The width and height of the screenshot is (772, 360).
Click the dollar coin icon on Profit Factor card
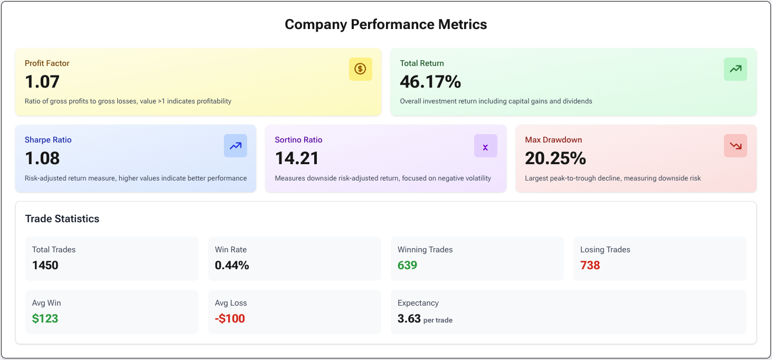point(360,69)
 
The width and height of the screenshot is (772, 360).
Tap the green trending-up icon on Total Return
point(735,69)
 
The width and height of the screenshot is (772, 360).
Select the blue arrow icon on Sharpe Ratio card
point(236,146)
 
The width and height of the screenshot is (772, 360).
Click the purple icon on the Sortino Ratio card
point(485,146)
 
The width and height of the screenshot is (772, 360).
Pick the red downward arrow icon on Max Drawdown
point(735,146)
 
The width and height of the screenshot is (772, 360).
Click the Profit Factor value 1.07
point(42,82)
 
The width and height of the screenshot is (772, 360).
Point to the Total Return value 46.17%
point(430,82)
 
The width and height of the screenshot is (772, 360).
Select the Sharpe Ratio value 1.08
point(42,158)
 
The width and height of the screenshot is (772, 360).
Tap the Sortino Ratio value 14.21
point(296,158)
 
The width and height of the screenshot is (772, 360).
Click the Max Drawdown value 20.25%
point(556,158)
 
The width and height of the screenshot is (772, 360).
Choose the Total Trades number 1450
point(45,265)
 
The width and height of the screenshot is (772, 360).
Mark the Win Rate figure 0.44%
point(232,265)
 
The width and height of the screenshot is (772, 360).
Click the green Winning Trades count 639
point(407,265)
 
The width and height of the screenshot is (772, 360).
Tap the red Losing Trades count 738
point(590,265)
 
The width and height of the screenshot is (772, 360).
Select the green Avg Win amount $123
point(45,318)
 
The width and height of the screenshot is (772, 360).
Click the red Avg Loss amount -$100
point(230,318)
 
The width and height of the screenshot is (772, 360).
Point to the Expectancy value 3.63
point(409,318)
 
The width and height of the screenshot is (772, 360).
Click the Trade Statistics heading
point(62,219)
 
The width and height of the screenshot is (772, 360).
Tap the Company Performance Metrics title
point(386,24)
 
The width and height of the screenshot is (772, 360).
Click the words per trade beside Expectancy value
point(438,320)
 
